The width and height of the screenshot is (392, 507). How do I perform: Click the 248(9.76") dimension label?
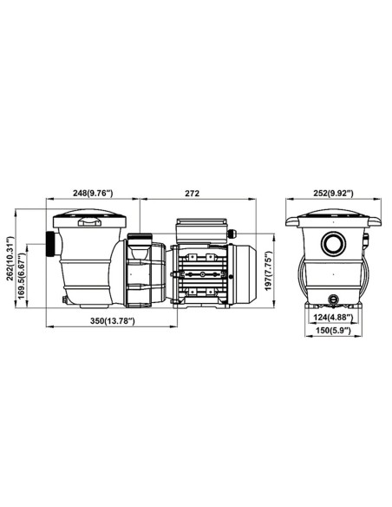[x=93, y=194]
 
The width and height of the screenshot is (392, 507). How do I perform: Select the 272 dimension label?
[x=193, y=194]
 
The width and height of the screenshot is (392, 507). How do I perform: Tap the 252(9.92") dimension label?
[x=334, y=194]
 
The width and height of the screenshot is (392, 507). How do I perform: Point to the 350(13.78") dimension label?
[x=112, y=320]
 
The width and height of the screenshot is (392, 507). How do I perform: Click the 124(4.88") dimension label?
[x=332, y=318]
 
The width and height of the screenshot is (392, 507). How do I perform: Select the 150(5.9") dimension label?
[x=332, y=330]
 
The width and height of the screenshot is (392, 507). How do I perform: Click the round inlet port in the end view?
[x=333, y=243]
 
